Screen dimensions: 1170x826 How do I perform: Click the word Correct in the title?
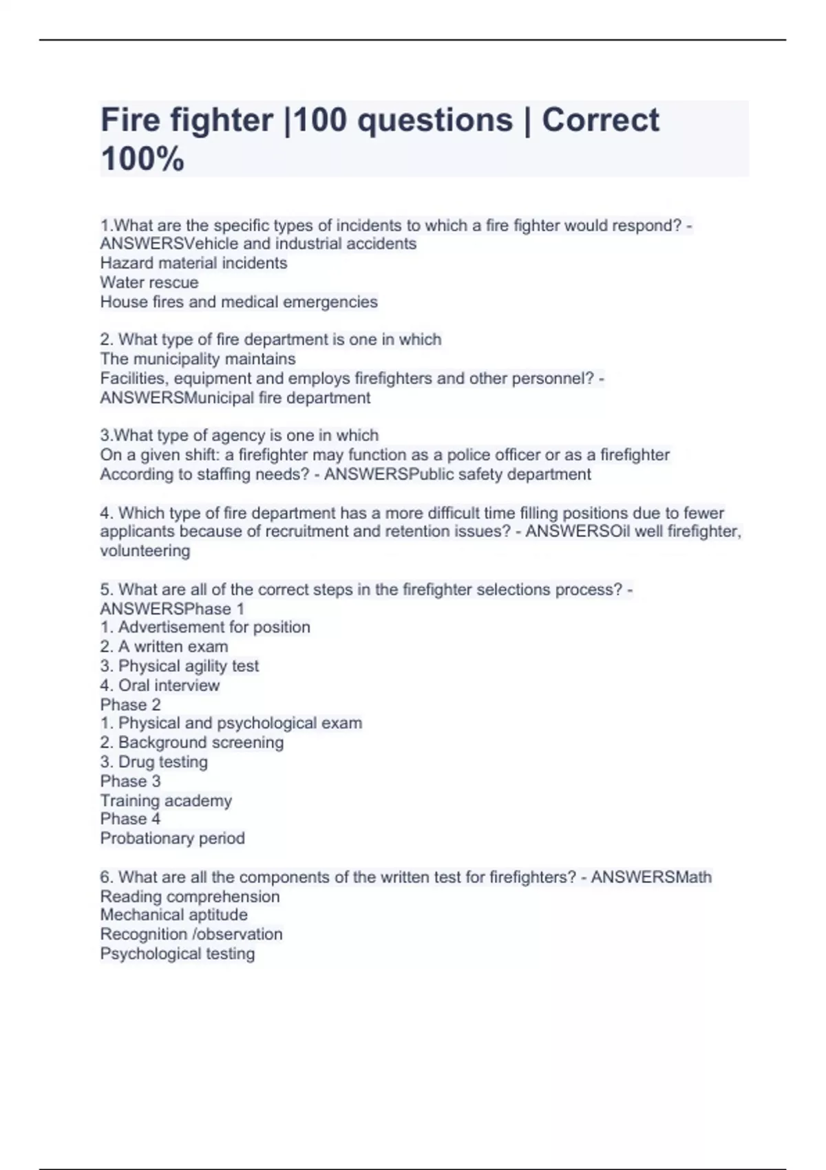(x=600, y=120)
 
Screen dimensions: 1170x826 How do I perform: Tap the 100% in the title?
(x=142, y=159)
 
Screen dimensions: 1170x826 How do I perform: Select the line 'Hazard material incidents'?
(x=193, y=263)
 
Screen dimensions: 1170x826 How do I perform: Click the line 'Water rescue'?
(x=149, y=282)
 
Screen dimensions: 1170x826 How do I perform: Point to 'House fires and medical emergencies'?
(x=239, y=301)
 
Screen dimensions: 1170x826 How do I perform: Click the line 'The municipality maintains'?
(x=198, y=359)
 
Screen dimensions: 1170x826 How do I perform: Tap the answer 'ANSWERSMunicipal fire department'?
(x=235, y=398)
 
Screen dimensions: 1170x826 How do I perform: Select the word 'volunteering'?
(x=145, y=551)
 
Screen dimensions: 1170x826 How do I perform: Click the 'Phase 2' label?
(x=130, y=705)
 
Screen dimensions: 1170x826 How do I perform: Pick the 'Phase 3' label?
(x=130, y=781)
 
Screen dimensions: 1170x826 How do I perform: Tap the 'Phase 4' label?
(x=130, y=819)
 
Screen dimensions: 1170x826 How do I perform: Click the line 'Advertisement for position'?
(x=205, y=627)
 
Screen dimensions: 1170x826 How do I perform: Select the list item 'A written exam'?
(x=164, y=646)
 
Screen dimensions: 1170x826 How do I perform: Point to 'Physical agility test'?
(x=179, y=666)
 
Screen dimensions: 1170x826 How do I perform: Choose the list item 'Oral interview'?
(x=160, y=685)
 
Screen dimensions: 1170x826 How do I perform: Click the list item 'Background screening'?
(x=191, y=743)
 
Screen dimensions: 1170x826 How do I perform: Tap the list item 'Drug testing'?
(x=153, y=762)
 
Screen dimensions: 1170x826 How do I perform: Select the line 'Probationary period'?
(x=172, y=838)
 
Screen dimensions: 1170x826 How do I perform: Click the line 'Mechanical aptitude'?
(x=173, y=915)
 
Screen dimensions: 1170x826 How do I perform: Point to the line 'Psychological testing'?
(x=177, y=953)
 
